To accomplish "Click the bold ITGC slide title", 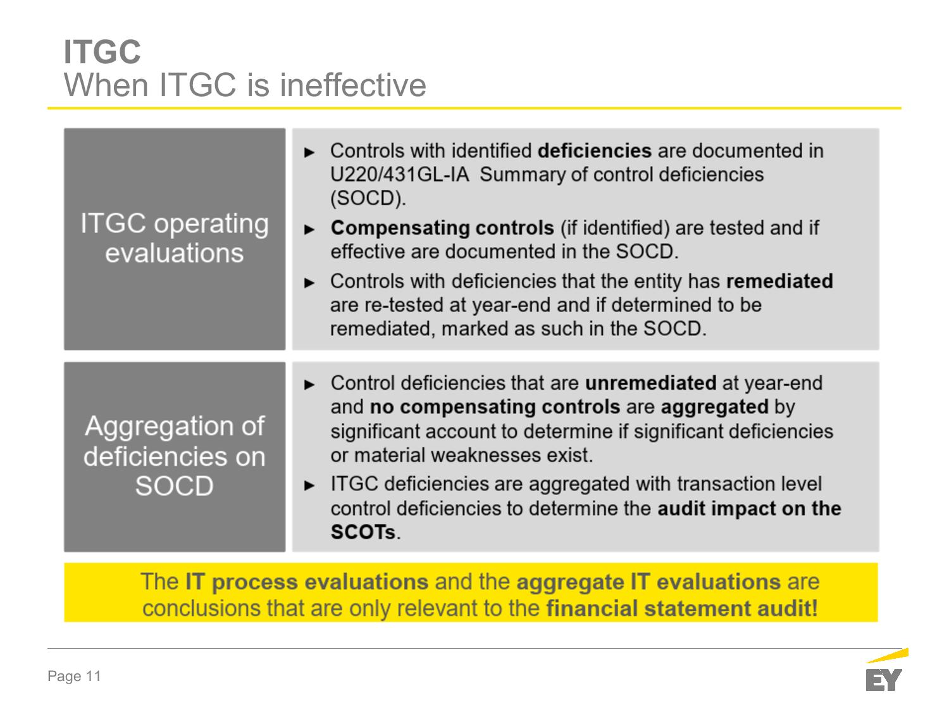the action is [x=102, y=52].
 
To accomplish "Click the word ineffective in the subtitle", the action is [x=353, y=85].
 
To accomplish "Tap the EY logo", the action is [x=886, y=670].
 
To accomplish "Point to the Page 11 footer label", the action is [x=74, y=676].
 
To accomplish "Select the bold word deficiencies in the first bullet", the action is [x=595, y=151].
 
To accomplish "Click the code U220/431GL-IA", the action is [x=399, y=175].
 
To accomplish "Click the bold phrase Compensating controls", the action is [x=442, y=228].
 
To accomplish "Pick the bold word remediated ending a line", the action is [x=779, y=281].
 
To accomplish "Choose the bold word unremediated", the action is [x=650, y=383].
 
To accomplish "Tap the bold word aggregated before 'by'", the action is [x=715, y=407].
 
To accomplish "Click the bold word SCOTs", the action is [x=363, y=532].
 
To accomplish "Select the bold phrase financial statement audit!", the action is [x=682, y=608].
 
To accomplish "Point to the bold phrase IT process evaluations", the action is [x=307, y=582].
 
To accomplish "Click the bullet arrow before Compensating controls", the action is [x=309, y=229].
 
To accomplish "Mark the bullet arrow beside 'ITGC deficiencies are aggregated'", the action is [x=309, y=485].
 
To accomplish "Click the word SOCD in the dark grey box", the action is [x=174, y=486].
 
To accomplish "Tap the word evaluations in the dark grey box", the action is [x=174, y=253].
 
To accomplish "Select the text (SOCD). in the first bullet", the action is [x=368, y=199].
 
